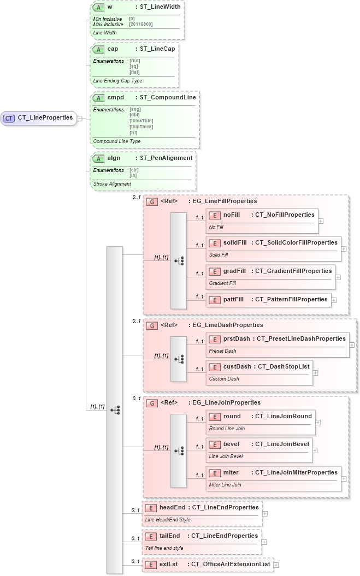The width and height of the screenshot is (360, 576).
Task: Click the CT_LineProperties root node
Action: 39,117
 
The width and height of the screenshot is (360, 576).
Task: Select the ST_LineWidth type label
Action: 157,8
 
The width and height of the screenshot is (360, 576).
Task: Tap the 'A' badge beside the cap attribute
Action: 99,49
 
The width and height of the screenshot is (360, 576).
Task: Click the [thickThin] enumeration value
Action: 141,121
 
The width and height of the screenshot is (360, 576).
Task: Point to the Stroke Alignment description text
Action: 112,184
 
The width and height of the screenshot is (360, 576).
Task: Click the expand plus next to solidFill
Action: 344,248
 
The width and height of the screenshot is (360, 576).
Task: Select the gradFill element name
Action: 234,271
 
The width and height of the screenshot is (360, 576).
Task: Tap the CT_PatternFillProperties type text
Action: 291,299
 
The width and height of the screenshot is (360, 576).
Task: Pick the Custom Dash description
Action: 224,378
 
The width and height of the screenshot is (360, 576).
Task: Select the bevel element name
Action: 232,444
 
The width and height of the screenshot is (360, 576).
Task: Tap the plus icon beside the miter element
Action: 344,478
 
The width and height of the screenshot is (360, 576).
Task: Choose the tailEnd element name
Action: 169,536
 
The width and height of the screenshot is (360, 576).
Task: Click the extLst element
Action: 207,564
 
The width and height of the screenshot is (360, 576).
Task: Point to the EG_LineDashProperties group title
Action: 225,325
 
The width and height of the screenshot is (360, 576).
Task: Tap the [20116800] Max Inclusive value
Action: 141,24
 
